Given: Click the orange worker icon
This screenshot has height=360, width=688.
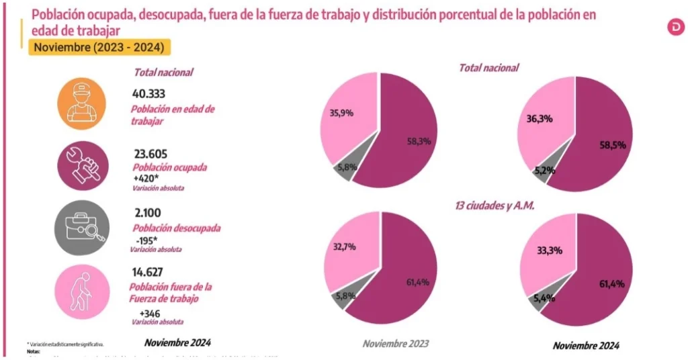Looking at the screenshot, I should (81, 103).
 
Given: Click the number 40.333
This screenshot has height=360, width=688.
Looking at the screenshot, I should (149, 94).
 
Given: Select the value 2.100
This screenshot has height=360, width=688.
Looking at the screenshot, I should (147, 214).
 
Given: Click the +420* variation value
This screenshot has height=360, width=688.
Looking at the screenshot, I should (147, 178).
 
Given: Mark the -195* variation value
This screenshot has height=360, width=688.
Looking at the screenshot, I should (146, 240).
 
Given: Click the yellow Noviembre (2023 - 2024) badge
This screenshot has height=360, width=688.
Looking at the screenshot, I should (99, 48).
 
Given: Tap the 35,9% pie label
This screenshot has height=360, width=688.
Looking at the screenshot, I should (341, 113).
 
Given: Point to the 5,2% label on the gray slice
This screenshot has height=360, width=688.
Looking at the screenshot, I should (544, 171).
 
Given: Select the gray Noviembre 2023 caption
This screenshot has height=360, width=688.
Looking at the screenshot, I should (395, 344).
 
